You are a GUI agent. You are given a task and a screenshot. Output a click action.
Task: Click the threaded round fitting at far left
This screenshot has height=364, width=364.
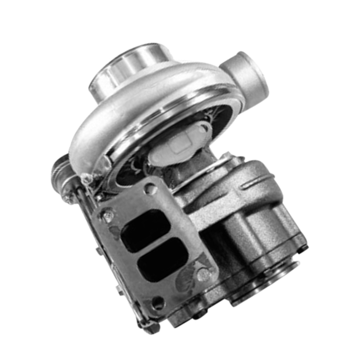pos(61,168)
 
